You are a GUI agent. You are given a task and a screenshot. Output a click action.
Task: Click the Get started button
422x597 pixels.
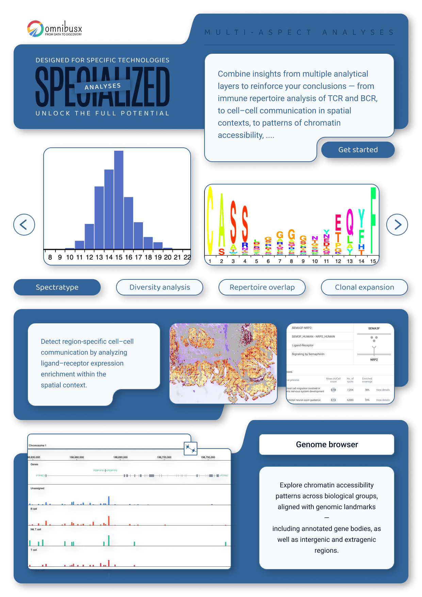point(358,150)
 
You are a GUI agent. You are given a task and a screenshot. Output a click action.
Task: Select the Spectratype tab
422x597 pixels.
point(57,287)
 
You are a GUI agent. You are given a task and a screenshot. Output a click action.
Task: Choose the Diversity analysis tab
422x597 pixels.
point(160,287)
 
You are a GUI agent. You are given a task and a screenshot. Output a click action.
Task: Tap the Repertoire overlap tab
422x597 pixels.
point(262,287)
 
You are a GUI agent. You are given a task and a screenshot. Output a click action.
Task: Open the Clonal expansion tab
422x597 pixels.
point(364,287)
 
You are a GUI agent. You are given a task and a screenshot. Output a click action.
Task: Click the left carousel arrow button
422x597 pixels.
point(24,225)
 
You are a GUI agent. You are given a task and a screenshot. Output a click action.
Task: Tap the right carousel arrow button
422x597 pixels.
point(397,225)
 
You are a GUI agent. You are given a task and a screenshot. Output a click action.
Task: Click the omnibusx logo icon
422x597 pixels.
point(35,29)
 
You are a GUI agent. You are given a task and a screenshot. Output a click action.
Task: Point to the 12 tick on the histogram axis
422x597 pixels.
point(89,257)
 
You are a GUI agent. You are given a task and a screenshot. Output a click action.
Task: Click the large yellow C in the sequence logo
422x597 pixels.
point(210,221)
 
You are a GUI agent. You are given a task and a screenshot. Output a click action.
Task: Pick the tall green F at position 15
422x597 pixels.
point(373,221)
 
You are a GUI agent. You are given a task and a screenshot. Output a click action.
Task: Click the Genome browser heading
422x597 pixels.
point(327,445)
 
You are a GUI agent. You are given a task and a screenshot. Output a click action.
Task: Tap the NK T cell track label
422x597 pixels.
point(36,529)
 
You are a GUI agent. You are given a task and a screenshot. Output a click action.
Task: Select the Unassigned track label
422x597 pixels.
point(37,488)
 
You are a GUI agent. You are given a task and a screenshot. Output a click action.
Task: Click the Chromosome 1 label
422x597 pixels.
point(37,446)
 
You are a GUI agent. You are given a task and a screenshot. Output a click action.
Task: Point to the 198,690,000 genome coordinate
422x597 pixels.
point(120,457)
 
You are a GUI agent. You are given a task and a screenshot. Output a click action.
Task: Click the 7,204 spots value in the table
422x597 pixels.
point(350,390)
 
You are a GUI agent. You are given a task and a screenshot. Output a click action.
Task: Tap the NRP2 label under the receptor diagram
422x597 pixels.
point(374,359)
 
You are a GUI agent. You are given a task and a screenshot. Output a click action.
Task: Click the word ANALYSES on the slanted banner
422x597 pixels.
point(102,86)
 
